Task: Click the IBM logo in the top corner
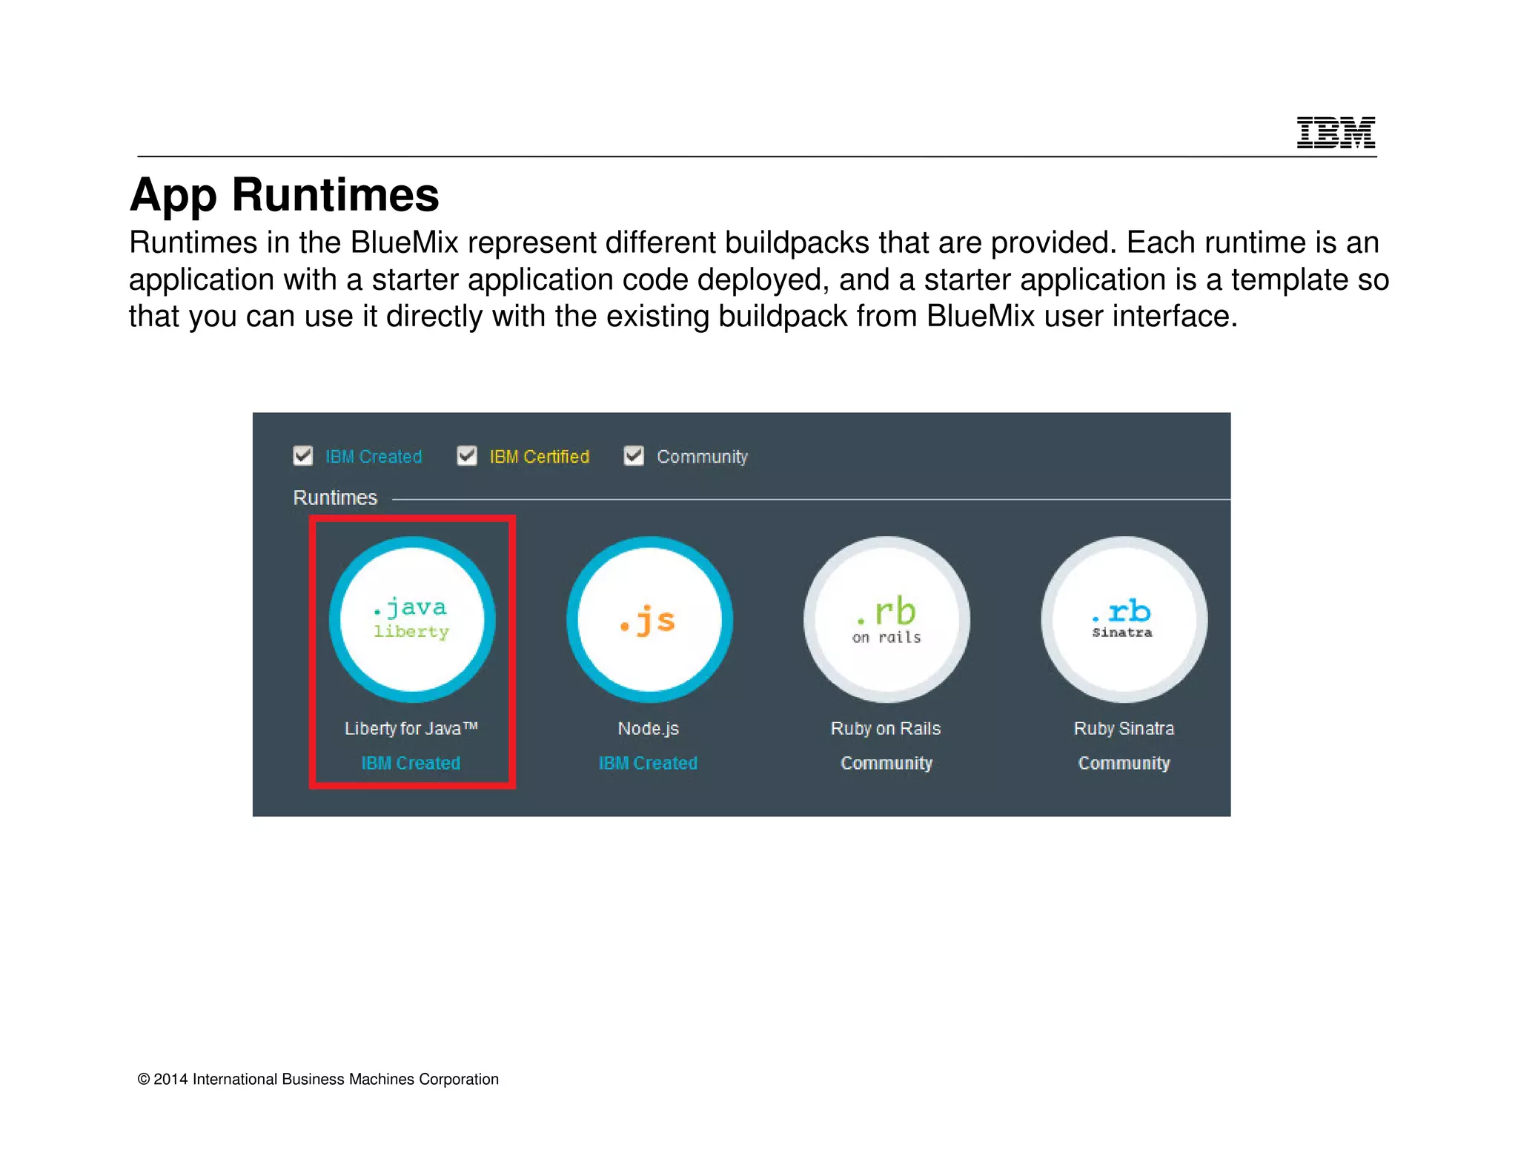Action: pos(1335,133)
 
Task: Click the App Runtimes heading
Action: pos(285,194)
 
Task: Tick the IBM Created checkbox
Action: pos(303,455)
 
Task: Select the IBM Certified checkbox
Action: pos(467,455)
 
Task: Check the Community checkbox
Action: pos(634,455)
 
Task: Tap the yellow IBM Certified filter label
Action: pos(539,457)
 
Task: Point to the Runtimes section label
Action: pos(335,498)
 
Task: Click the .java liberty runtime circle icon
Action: pos(412,619)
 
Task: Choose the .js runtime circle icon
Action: pos(649,619)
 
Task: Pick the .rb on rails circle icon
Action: pos(886,619)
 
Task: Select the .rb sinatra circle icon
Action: pos(1124,619)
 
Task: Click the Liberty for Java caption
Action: pos(411,729)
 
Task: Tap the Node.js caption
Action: pos(649,729)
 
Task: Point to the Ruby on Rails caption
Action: pos(886,729)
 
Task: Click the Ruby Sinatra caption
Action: pos(1124,729)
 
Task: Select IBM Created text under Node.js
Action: pos(648,763)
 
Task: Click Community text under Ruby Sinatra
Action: pos(1124,763)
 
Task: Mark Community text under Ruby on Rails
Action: pos(886,763)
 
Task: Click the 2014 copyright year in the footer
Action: pos(170,1080)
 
